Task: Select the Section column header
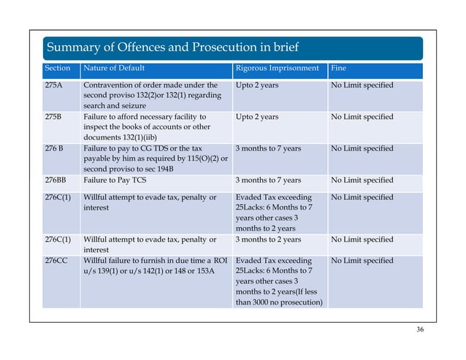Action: tap(58, 69)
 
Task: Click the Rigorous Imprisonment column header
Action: tap(277, 69)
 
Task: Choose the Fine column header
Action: tap(339, 69)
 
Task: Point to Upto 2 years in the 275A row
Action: tap(257, 85)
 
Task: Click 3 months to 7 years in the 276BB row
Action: tap(268, 180)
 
